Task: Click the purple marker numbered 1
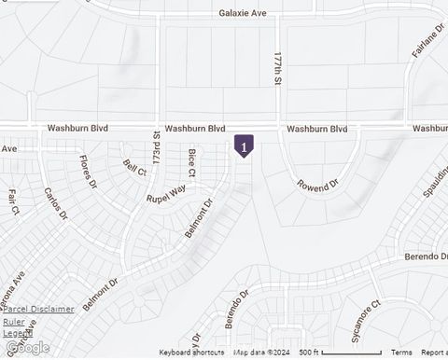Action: [x=244, y=146]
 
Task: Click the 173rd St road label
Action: [x=157, y=150]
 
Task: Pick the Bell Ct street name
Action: [x=135, y=168]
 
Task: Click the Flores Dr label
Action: [x=89, y=172]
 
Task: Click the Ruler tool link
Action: [x=13, y=321]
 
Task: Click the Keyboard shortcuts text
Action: [x=191, y=353]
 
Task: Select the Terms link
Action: [x=401, y=353]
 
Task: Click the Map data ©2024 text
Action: [x=261, y=353]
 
